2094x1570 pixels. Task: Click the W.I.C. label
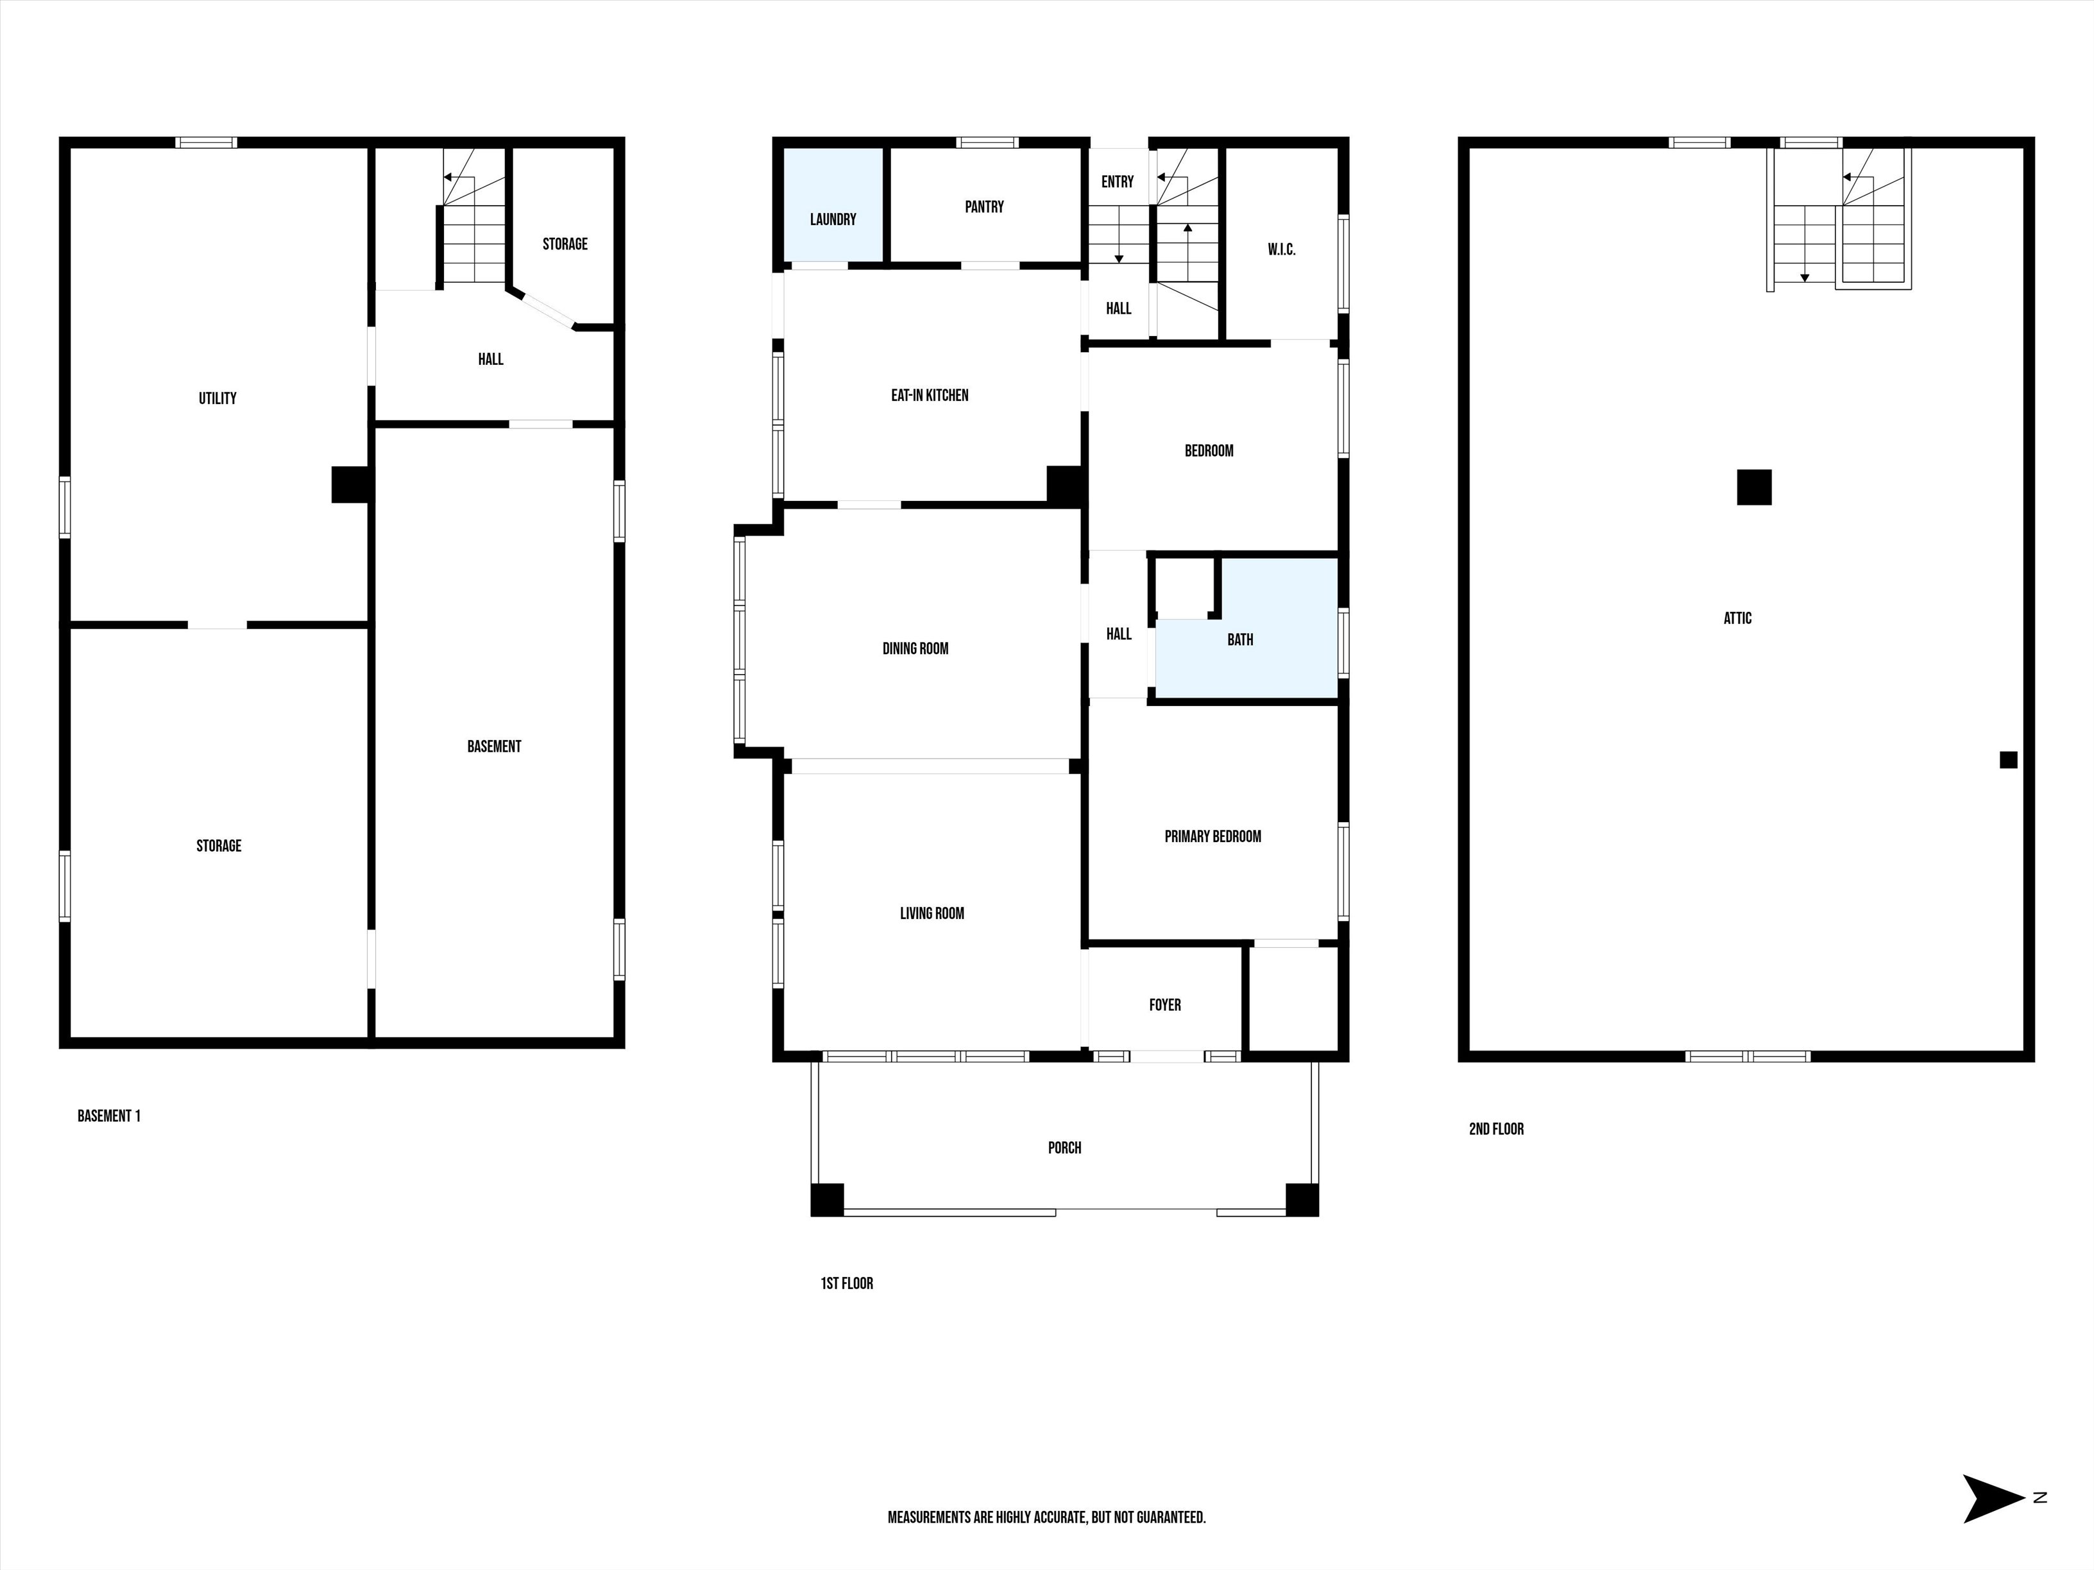[x=1281, y=250]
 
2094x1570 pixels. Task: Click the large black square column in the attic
[x=1753, y=487]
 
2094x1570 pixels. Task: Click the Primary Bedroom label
[x=1212, y=836]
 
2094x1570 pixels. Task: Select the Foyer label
[x=1164, y=1005]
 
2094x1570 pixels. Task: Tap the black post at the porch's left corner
[x=826, y=1200]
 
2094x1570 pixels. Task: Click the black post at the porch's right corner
[x=1302, y=1200]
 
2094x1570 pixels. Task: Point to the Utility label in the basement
[x=217, y=398]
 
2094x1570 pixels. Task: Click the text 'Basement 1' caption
[x=109, y=1117]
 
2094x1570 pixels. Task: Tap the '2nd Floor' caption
[x=1495, y=1129]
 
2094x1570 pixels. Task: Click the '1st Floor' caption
[x=846, y=1283]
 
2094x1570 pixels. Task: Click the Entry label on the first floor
[x=1117, y=181]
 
